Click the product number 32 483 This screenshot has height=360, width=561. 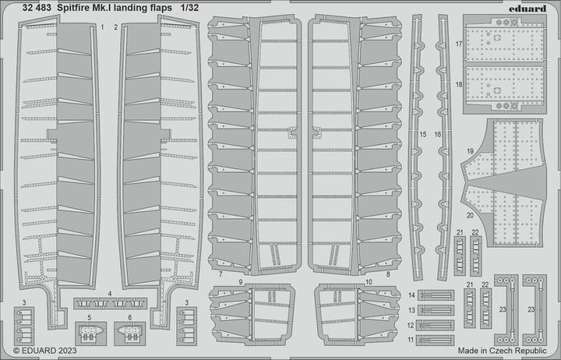[x=36, y=8]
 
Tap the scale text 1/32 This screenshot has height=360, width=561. [x=189, y=8]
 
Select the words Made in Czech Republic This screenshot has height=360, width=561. [x=502, y=351]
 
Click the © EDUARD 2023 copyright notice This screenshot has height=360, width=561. [x=45, y=351]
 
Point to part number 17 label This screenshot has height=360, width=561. [x=459, y=44]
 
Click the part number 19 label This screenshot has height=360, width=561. [x=470, y=151]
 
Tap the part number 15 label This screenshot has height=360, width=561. [x=423, y=135]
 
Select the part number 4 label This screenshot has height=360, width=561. [x=110, y=294]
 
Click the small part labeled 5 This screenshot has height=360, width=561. [x=91, y=334]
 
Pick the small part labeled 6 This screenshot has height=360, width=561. [x=130, y=334]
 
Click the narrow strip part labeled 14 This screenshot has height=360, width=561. [x=436, y=295]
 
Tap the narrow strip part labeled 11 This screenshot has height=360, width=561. [x=435, y=341]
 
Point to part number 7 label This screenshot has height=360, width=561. [x=221, y=274]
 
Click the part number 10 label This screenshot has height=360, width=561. [x=369, y=282]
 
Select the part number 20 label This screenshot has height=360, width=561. [x=470, y=215]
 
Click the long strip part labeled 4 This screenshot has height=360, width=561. [x=110, y=303]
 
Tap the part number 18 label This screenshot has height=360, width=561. [x=459, y=85]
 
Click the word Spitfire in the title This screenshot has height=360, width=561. [x=70, y=8]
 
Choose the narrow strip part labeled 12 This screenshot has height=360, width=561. [x=435, y=325]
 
